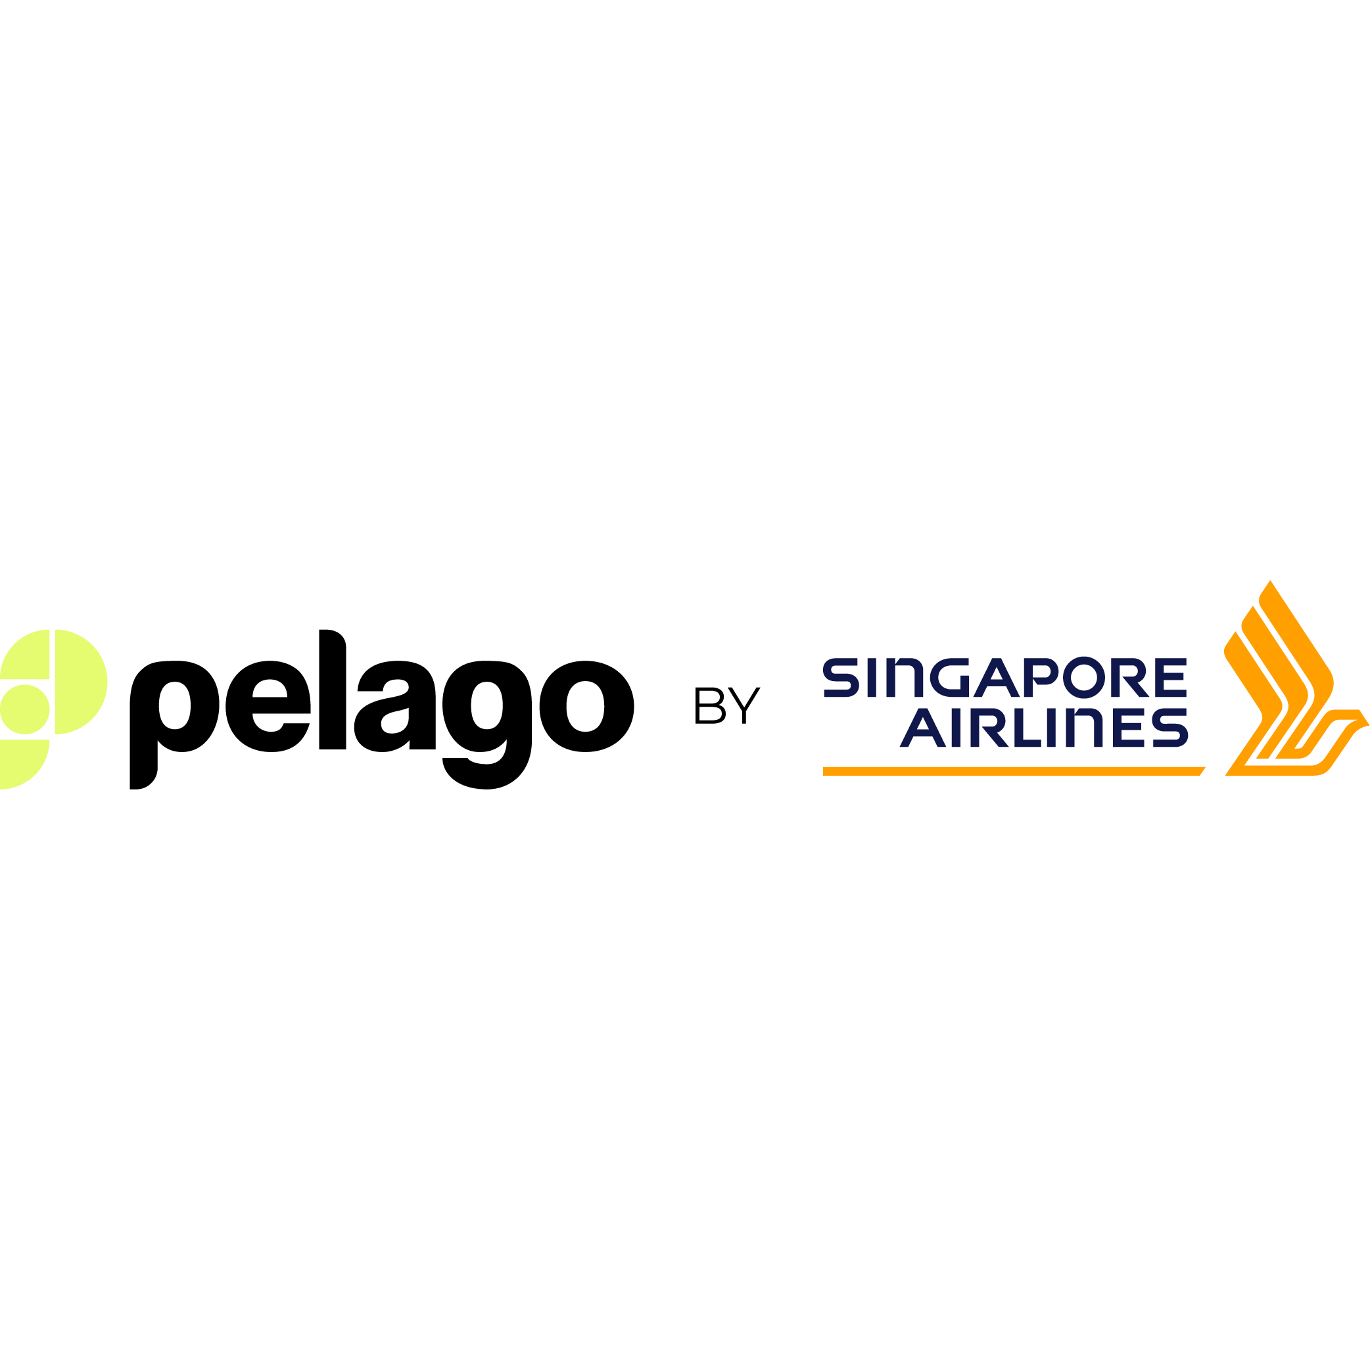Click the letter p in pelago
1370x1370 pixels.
(174, 724)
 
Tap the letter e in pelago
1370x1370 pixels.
(268, 706)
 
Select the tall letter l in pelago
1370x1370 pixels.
(333, 689)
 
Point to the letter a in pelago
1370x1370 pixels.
(395, 706)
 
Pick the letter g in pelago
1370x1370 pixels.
(487, 724)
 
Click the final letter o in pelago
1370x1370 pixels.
(586, 706)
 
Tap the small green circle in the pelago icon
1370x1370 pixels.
(25, 709)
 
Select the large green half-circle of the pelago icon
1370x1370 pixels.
(81, 682)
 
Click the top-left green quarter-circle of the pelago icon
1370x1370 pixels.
(25, 654)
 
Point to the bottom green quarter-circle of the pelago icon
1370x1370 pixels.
(25, 765)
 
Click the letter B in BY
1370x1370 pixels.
(710, 705)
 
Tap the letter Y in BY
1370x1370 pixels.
(744, 705)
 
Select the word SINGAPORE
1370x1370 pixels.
(1004, 677)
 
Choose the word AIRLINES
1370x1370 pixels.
(1044, 728)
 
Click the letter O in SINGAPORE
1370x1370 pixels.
(1083, 677)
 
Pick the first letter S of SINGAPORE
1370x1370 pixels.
(841, 677)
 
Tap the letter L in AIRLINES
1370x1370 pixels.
(1027, 728)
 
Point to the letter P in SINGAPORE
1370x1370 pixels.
(1041, 677)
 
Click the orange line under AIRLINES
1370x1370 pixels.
(1014, 772)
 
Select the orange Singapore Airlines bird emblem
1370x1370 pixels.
(1297, 678)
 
